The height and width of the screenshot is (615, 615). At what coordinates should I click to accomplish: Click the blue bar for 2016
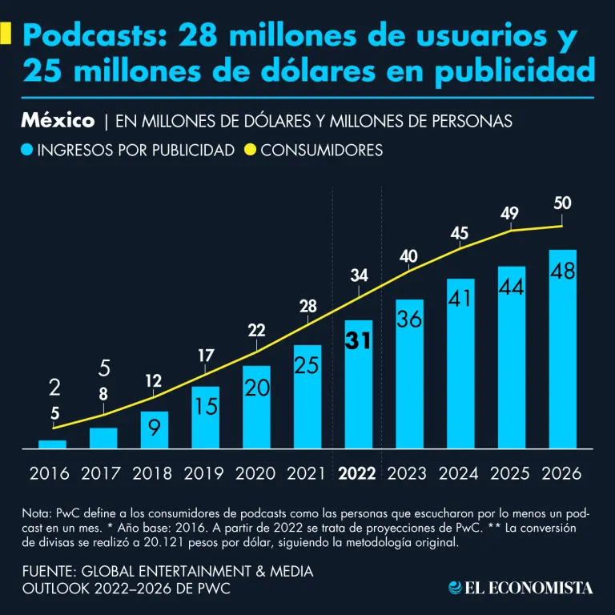(x=52, y=444)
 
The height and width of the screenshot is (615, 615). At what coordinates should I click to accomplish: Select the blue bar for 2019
(x=206, y=416)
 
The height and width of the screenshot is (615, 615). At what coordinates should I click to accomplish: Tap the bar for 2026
(x=562, y=348)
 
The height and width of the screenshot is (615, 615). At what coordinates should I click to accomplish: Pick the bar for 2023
(x=409, y=372)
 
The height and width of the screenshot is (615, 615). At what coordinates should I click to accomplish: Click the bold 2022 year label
(x=358, y=473)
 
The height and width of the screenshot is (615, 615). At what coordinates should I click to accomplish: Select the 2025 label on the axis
(x=511, y=473)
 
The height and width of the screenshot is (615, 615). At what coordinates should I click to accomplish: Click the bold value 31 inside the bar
(x=358, y=340)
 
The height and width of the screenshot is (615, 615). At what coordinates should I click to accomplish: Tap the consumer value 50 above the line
(x=562, y=203)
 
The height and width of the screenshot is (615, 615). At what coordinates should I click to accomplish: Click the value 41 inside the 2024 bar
(x=460, y=298)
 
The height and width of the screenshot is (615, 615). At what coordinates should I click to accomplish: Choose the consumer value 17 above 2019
(x=206, y=355)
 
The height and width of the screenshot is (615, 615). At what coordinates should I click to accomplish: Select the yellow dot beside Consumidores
(x=249, y=150)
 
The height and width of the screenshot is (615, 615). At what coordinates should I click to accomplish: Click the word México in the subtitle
(x=58, y=121)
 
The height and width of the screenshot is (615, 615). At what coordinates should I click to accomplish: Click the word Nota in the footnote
(x=36, y=513)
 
